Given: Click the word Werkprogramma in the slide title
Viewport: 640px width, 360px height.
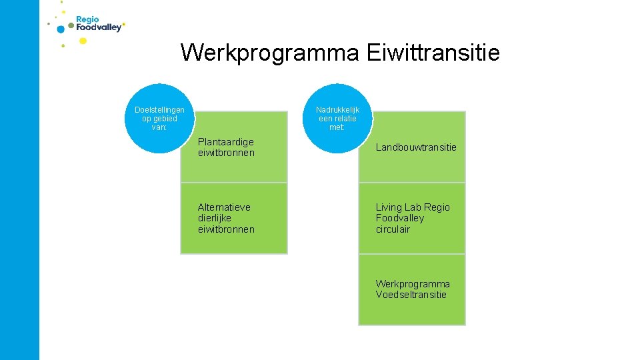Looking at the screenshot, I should point(269,52).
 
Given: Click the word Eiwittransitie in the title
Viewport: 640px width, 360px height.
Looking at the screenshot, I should point(433,52).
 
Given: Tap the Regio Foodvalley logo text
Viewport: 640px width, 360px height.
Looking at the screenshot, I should point(99,25).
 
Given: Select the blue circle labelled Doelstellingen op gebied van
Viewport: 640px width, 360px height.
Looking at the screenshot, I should point(159,119).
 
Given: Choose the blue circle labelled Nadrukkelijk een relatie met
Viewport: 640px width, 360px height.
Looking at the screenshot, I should point(337,119).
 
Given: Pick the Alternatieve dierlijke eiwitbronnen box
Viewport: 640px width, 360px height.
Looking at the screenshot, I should point(234,219).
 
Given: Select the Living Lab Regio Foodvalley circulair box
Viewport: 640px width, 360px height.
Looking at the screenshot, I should point(412,219).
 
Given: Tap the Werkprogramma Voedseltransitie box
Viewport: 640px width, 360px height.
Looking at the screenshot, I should point(412,290).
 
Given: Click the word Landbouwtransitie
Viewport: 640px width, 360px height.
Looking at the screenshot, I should point(416,147).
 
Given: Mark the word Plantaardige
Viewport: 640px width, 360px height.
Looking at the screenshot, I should point(226,142).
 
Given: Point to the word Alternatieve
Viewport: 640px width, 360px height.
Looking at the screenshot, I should point(224,207).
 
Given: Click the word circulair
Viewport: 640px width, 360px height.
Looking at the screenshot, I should point(393,229).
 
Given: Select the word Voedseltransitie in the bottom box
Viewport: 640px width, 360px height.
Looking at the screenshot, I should point(411,295).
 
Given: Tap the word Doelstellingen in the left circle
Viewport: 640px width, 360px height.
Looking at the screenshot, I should point(159,110).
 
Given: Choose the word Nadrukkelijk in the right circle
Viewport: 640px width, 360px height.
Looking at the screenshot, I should point(337,110).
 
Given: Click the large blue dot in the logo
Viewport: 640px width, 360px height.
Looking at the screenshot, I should point(61,29).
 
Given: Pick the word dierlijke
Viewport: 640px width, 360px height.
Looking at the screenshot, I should point(215,218).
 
